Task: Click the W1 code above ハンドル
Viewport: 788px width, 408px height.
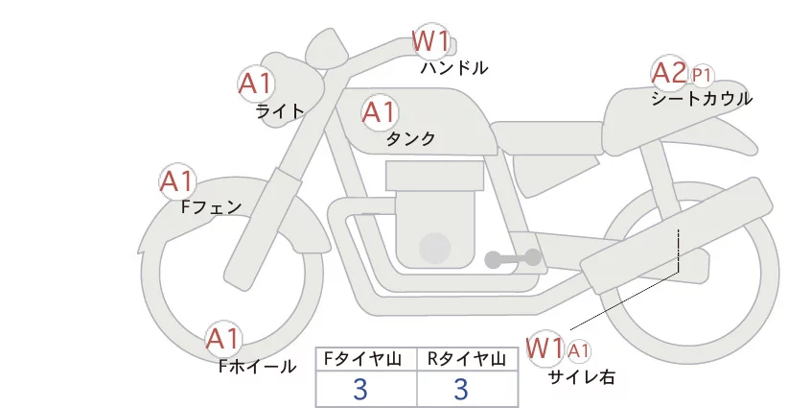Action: pyautogui.click(x=430, y=41)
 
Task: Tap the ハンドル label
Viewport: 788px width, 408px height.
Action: pyautogui.click(x=454, y=68)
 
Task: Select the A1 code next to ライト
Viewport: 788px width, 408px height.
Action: pyautogui.click(x=256, y=84)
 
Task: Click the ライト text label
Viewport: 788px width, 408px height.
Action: pyautogui.click(x=280, y=111)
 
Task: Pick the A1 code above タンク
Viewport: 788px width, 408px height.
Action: pyautogui.click(x=380, y=112)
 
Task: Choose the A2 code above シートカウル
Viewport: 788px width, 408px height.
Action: pyautogui.click(x=669, y=72)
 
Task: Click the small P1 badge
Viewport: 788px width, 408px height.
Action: pyautogui.click(x=702, y=74)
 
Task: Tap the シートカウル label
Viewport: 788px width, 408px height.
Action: pyautogui.click(x=702, y=98)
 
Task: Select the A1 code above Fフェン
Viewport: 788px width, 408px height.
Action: pyautogui.click(x=177, y=180)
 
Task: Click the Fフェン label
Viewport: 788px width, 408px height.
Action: pyautogui.click(x=211, y=206)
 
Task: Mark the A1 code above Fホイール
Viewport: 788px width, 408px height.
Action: pyautogui.click(x=224, y=339)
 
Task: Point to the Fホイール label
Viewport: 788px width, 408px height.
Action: pyautogui.click(x=258, y=366)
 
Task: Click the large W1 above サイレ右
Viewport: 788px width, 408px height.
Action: pyautogui.click(x=545, y=347)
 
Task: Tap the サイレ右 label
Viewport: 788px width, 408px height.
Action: pyautogui.click(x=581, y=376)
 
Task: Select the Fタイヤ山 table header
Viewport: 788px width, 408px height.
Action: pyautogui.click(x=365, y=359)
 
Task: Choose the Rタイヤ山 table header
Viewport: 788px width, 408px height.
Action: pyautogui.click(x=467, y=359)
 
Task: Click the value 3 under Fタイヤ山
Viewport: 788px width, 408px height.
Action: pyautogui.click(x=360, y=390)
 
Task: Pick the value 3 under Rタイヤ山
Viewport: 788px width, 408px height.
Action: pyautogui.click(x=461, y=390)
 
